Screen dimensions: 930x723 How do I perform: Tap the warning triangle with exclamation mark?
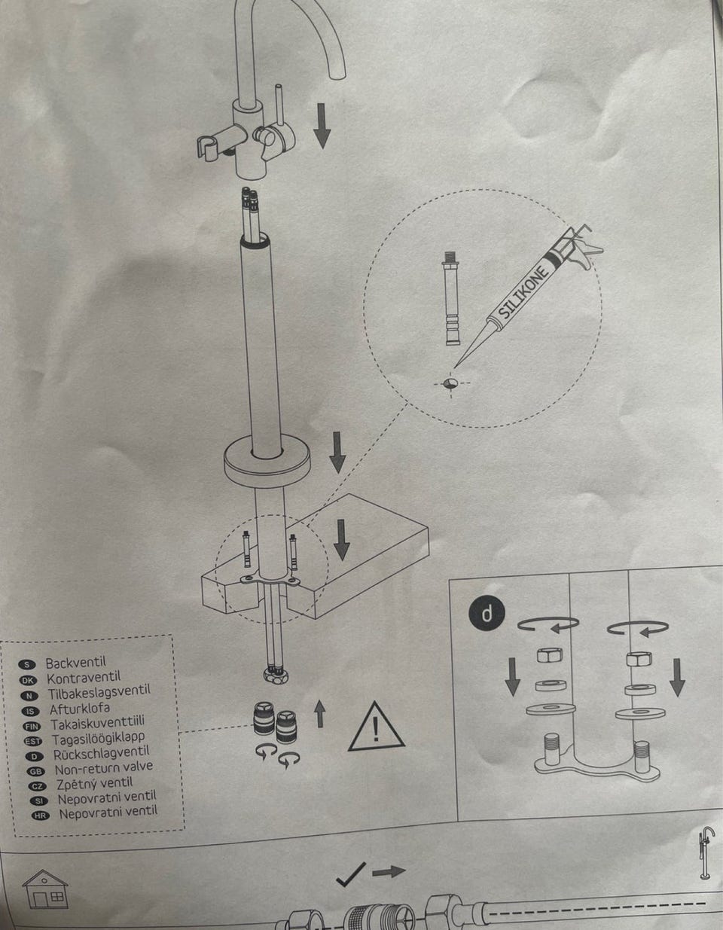(x=376, y=727)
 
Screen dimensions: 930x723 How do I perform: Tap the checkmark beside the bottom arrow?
(x=351, y=874)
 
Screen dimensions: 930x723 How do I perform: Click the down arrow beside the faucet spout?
(x=322, y=127)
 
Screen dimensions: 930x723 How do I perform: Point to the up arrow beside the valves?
(x=320, y=712)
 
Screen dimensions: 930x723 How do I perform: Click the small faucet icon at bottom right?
(x=706, y=852)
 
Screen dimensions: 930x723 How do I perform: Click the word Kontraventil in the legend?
(x=83, y=678)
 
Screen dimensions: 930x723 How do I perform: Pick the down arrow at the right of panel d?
(x=677, y=676)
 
